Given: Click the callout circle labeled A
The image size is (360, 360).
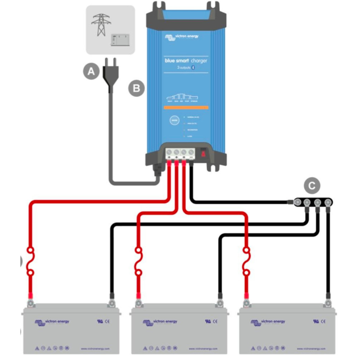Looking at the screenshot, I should (x=91, y=72).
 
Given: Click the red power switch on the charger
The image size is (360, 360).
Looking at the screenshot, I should (x=203, y=153).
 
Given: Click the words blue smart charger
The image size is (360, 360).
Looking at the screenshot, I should (x=186, y=61).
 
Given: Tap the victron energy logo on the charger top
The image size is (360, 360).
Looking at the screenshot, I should (x=181, y=37).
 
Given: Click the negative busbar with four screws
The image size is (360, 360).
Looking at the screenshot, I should (x=312, y=202).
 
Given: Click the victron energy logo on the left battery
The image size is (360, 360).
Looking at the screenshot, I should (x=52, y=322).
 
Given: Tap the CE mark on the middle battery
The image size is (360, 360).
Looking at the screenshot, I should (x=216, y=321).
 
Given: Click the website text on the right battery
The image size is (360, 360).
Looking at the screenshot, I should (x=311, y=349).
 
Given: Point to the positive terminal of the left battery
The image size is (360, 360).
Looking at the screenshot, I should (x=31, y=302).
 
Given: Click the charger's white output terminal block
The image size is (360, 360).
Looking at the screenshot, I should (x=180, y=154).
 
